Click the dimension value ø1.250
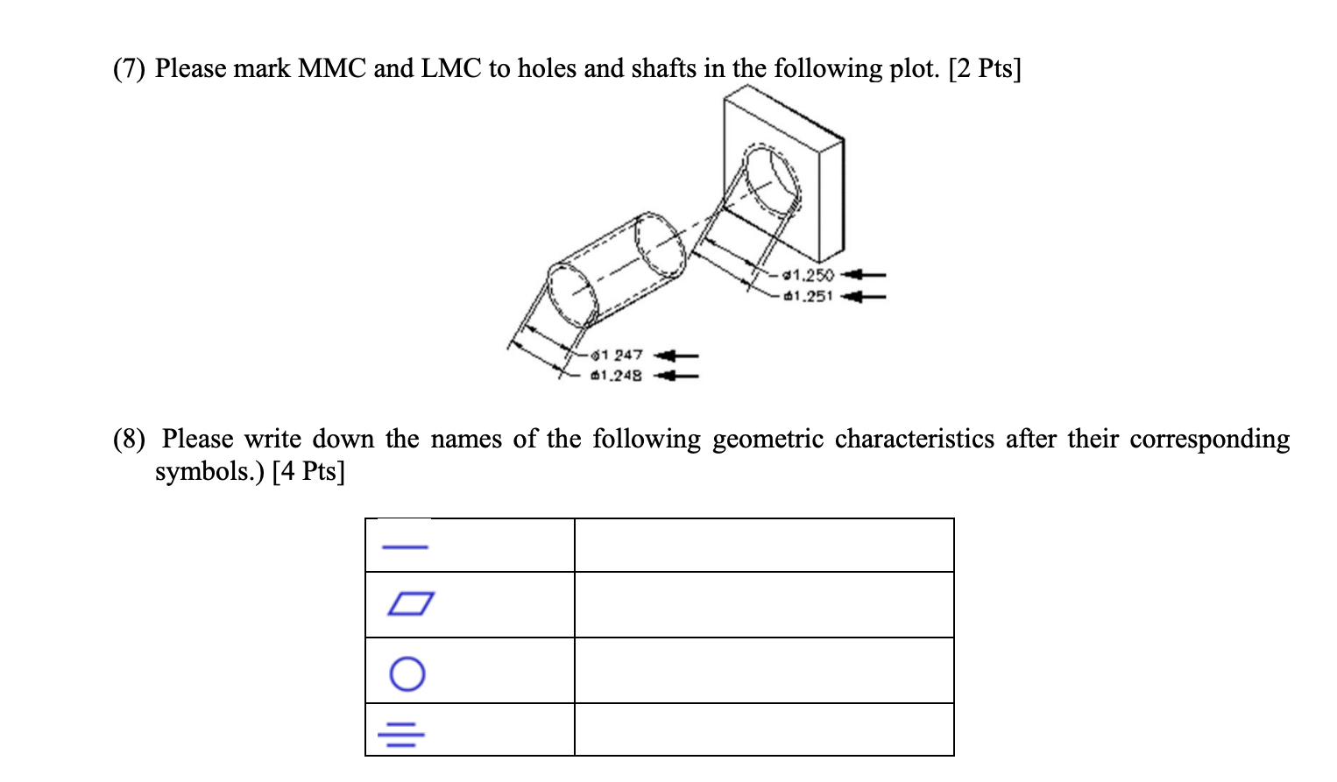809,275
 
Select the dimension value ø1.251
809,296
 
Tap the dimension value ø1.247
617,355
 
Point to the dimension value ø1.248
617,376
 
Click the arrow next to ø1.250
863,275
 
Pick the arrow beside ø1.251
863,296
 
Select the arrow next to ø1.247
676,356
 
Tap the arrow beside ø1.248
676,377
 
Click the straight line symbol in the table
405,547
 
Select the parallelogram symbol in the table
410,603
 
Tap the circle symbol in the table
407,673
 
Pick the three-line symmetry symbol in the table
401,734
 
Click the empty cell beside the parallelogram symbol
764,604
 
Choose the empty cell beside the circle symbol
764,670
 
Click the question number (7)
129,68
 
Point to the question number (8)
129,439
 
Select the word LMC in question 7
451,68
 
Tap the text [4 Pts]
308,471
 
